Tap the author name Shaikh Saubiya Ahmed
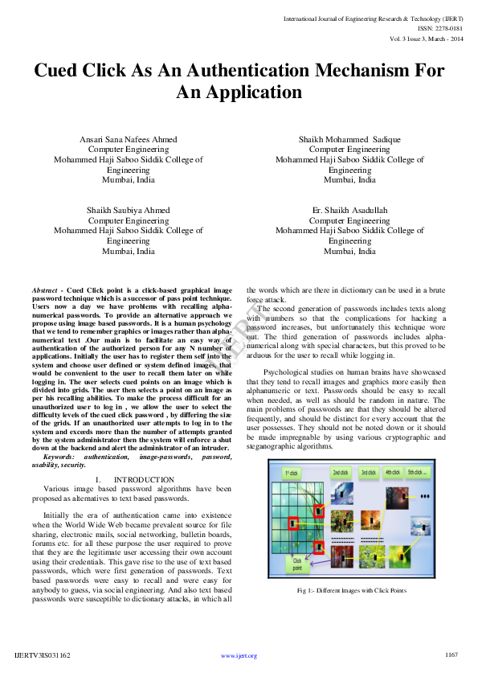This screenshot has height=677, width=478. pyautogui.click(x=129, y=211)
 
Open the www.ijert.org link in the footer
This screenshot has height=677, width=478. pyautogui.click(x=239, y=655)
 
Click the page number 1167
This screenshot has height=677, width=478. pyautogui.click(x=451, y=654)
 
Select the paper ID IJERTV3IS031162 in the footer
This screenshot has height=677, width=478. pyautogui.click(x=43, y=655)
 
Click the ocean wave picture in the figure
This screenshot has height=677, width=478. pyautogui.click(x=341, y=493)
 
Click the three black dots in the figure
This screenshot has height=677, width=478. pyautogui.click(x=425, y=497)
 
